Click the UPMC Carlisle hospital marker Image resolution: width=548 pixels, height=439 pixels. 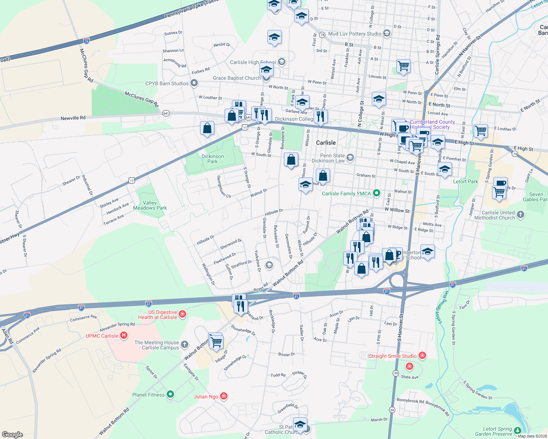(x=124, y=335)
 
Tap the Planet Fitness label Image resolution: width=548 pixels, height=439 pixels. (x=148, y=395)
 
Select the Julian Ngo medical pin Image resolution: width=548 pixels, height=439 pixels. (x=224, y=396)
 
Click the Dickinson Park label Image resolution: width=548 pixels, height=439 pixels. (x=212, y=159)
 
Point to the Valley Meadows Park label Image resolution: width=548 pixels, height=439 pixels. (x=150, y=205)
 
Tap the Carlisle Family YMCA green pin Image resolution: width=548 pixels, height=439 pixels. (x=376, y=193)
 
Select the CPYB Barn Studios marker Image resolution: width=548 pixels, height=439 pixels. (x=194, y=83)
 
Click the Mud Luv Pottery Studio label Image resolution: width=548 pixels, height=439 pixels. (x=355, y=34)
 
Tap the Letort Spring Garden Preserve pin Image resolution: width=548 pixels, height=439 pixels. (x=518, y=431)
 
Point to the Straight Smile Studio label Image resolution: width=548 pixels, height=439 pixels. (x=392, y=356)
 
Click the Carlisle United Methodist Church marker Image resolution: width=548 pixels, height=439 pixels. (x=521, y=215)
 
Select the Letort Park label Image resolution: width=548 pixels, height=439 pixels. (x=465, y=181)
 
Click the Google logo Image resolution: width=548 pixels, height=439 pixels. (x=12, y=435)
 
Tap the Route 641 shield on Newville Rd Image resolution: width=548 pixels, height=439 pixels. (x=166, y=113)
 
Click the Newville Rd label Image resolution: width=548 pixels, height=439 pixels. (x=73, y=118)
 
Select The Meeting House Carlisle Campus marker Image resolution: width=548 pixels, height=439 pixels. (x=185, y=344)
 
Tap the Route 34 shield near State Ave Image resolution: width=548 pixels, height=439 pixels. (x=396, y=373)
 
